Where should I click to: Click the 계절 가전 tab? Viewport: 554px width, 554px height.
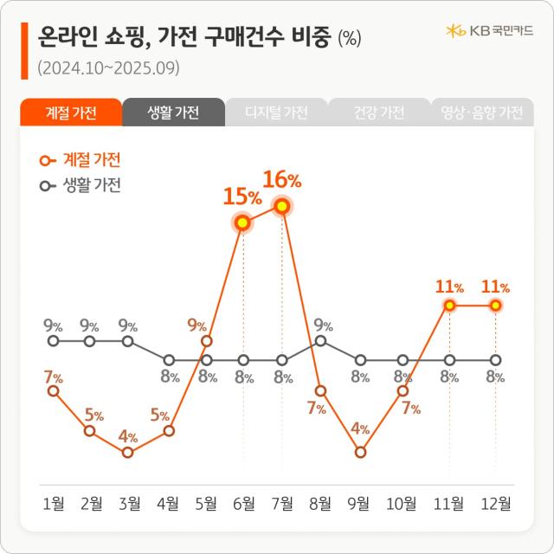(x=70, y=113)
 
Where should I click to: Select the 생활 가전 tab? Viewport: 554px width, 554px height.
(x=173, y=113)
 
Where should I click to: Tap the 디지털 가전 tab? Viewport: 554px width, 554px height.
(x=276, y=113)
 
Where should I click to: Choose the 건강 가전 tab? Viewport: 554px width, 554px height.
(x=379, y=113)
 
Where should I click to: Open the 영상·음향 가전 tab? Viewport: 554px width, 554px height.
(x=481, y=113)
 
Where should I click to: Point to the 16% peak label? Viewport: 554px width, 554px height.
(x=282, y=180)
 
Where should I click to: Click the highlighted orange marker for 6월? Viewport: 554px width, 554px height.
(x=243, y=222)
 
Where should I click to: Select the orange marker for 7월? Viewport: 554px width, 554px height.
(x=281, y=206)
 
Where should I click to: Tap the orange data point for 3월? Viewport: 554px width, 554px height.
(x=128, y=452)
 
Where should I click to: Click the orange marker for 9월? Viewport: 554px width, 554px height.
(x=360, y=452)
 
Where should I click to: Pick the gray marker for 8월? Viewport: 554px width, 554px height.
(x=321, y=341)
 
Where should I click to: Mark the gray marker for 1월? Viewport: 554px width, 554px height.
(x=54, y=341)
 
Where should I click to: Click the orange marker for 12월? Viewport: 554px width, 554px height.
(x=496, y=306)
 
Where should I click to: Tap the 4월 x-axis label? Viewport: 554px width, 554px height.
(x=169, y=503)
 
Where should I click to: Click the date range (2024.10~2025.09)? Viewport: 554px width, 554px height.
(x=108, y=68)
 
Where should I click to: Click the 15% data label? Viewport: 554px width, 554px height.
(x=243, y=196)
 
